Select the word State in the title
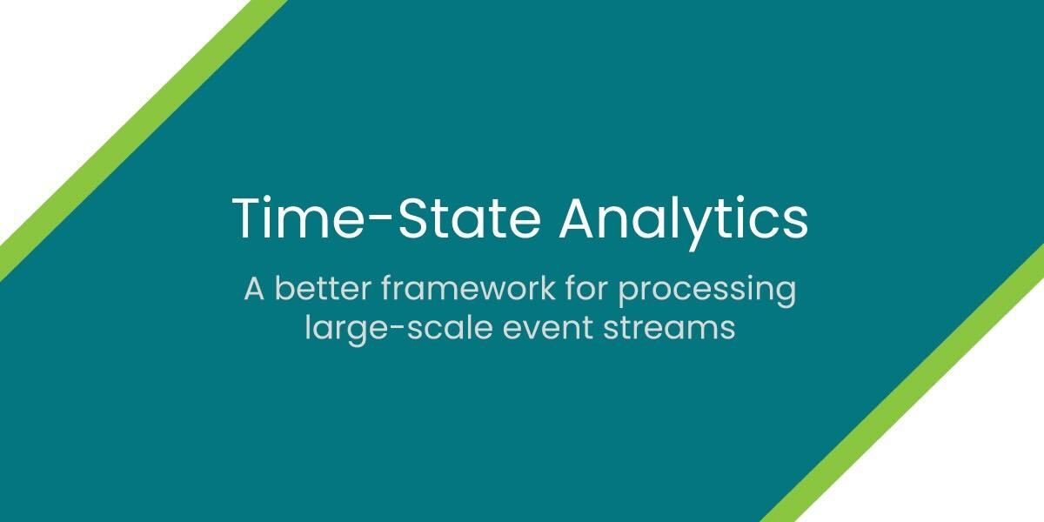point(468,217)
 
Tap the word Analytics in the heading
point(683,220)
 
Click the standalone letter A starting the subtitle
point(254,289)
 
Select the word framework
point(468,288)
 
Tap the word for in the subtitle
point(586,288)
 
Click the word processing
point(707,291)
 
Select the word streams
point(669,329)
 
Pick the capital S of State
point(412,218)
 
